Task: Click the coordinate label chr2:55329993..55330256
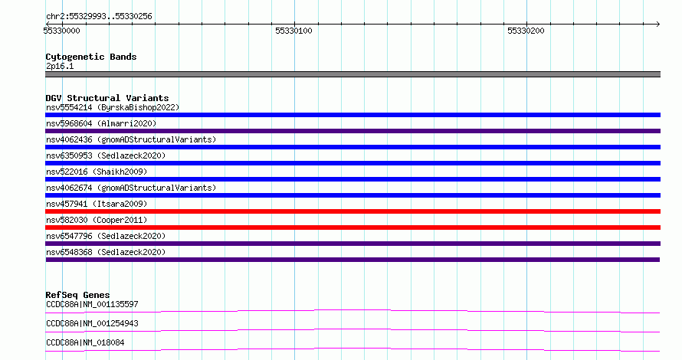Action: click(x=99, y=17)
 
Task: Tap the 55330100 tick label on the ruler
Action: click(x=293, y=31)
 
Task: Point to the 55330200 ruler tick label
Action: click(x=526, y=31)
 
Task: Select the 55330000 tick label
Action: click(x=62, y=31)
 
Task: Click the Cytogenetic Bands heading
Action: click(x=91, y=57)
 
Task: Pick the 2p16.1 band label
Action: click(x=60, y=66)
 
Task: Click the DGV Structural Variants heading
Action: click(x=107, y=98)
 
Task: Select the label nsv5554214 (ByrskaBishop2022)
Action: click(x=113, y=107)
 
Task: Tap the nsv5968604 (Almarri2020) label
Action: click(x=101, y=123)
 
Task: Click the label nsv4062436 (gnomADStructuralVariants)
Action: click(x=131, y=139)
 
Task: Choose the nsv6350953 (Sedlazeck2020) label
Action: click(x=106, y=155)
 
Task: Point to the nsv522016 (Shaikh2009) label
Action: click(x=97, y=172)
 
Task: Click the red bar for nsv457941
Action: click(x=352, y=211)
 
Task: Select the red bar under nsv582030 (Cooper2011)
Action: click(x=352, y=227)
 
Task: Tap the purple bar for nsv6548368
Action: click(x=352, y=260)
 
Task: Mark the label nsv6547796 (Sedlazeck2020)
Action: click(x=106, y=236)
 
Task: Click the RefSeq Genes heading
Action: click(x=77, y=295)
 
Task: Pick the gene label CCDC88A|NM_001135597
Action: click(x=92, y=304)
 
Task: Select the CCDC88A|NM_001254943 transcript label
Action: click(x=92, y=323)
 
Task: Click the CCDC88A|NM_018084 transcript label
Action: click(x=85, y=342)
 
